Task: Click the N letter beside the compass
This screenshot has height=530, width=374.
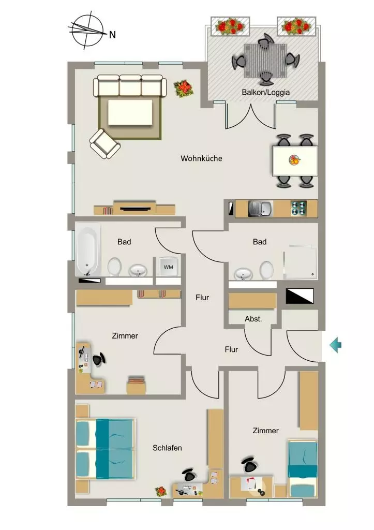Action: [112, 35]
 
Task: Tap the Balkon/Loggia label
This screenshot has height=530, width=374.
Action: [265, 92]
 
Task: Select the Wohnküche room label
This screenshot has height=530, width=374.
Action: [201, 158]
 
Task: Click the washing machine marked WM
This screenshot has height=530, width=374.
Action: [168, 267]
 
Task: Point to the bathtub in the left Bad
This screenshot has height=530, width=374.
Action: [88, 250]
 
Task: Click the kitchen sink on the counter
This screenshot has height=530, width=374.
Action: [261, 208]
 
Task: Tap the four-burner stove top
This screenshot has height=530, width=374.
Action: [298, 208]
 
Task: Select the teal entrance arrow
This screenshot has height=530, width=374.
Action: [336, 345]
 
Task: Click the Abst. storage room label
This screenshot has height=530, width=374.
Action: [253, 319]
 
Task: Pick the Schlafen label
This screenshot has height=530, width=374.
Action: [167, 448]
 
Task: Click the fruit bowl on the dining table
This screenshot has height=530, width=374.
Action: [295, 160]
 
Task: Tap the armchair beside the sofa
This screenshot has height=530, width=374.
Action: [104, 144]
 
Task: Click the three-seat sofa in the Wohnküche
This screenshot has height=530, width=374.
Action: [130, 85]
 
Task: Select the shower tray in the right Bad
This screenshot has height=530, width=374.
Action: [301, 262]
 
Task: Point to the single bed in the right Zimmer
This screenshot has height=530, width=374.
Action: [303, 468]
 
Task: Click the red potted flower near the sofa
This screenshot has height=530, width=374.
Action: [184, 89]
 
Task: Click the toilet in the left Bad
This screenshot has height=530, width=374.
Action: [114, 267]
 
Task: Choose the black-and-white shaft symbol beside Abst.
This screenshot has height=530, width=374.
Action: [300, 296]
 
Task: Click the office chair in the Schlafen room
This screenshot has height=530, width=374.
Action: [189, 475]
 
